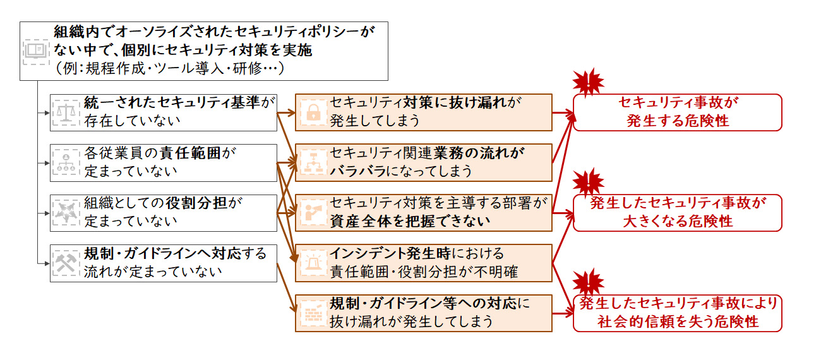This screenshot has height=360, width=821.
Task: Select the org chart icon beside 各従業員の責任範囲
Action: [x=66, y=162]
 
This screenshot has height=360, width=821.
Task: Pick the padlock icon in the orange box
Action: [x=312, y=112]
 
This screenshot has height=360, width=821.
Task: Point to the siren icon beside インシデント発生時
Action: [x=312, y=263]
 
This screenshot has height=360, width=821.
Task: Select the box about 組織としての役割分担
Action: [x=164, y=213]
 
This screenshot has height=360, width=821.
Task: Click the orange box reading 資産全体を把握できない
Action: [x=424, y=213]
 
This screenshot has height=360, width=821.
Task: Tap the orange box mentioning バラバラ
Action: [x=424, y=162]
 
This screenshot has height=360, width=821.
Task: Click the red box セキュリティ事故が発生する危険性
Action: [x=677, y=112]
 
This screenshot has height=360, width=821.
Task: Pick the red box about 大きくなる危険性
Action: [x=677, y=213]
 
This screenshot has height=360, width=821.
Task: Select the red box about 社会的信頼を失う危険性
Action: [x=677, y=313]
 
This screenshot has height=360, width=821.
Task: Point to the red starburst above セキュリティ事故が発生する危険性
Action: [x=588, y=81]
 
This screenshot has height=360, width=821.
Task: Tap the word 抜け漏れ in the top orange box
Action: [x=481, y=102]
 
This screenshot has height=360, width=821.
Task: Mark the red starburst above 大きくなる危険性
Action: [x=588, y=182]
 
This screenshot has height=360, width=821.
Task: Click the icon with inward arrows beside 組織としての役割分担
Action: [x=66, y=213]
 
